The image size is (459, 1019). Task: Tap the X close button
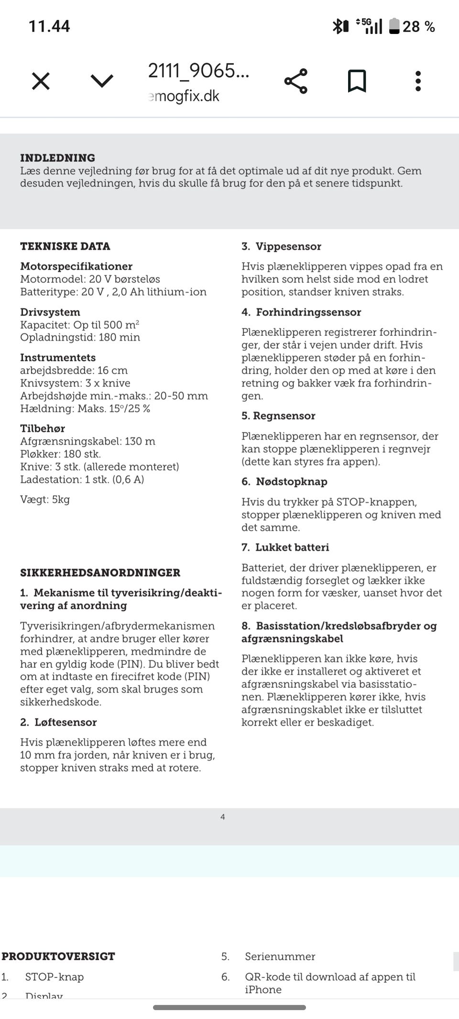tap(41, 81)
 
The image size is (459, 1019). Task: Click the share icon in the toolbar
tap(296, 81)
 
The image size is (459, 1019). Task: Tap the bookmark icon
tap(357, 81)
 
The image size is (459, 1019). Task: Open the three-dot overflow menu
tap(418, 81)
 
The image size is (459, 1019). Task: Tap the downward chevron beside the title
tap(102, 81)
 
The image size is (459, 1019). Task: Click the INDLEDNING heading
tap(57, 158)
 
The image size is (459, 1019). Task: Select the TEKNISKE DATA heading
tap(65, 246)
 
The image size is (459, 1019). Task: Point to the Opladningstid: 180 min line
tap(80, 337)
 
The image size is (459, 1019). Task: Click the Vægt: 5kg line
tap(45, 499)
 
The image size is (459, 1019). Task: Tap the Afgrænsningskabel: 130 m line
tap(87, 441)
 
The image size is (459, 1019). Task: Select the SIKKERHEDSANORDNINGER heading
tap(100, 572)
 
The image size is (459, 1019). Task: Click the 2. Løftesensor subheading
tap(58, 722)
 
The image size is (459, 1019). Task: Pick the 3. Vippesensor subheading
tap(281, 246)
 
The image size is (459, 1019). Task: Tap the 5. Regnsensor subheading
tap(278, 416)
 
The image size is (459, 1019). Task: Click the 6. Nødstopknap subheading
tap(284, 481)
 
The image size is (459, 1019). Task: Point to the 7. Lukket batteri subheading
tap(285, 547)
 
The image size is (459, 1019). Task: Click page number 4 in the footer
tap(222, 817)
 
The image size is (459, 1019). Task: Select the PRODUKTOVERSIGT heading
tap(58, 956)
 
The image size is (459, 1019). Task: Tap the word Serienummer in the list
tap(280, 956)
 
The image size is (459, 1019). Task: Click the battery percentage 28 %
tap(418, 26)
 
